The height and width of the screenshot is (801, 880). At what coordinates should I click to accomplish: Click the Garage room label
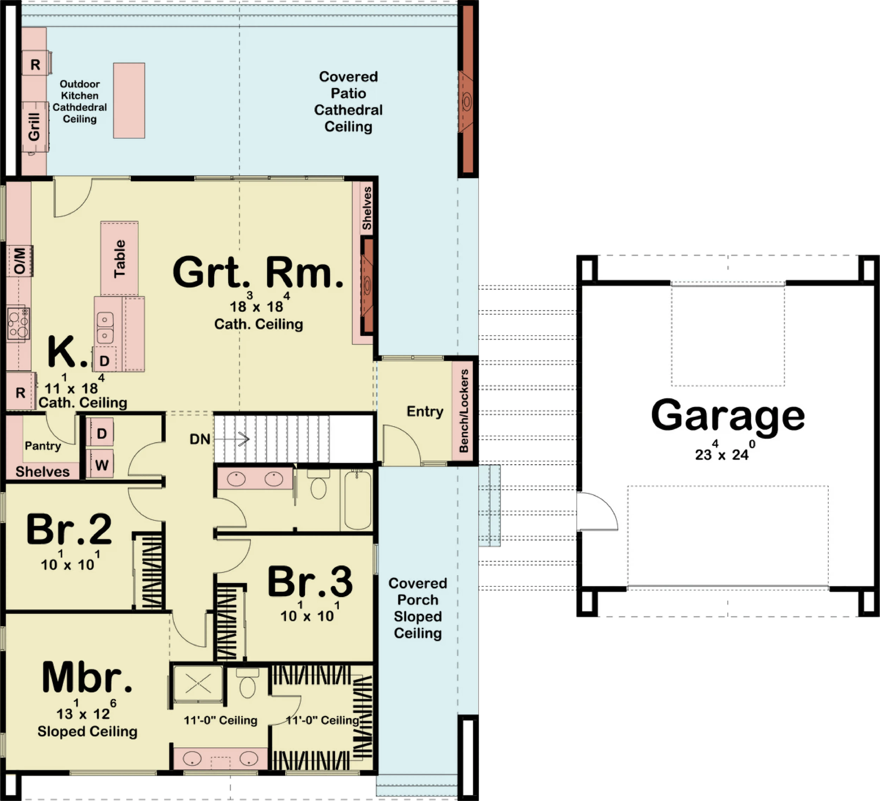point(728,416)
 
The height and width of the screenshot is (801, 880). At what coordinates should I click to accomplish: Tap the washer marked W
point(102,464)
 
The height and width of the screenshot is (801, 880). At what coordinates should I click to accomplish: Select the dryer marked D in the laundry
point(102,433)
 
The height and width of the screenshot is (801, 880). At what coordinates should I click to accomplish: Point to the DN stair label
point(200,439)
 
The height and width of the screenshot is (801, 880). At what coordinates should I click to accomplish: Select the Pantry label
point(43,446)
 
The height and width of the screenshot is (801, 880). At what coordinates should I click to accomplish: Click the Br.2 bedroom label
point(69,530)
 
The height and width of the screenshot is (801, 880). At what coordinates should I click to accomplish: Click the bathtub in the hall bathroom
point(357,500)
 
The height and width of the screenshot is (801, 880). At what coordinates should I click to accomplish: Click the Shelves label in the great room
point(367,208)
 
